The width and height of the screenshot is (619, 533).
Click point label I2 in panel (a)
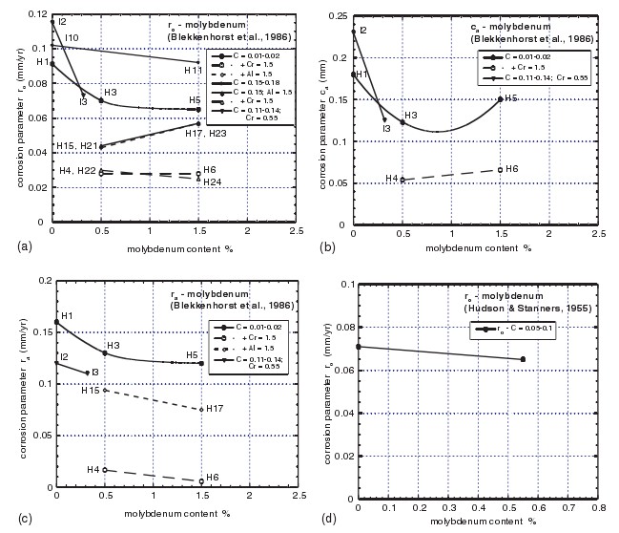[x=62, y=20]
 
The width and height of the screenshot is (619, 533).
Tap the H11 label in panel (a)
[x=193, y=71]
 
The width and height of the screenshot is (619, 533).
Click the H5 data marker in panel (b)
[x=500, y=98]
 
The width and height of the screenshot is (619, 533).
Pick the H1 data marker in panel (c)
[x=56, y=322]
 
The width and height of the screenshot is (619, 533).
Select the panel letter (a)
[x=10, y=245]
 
